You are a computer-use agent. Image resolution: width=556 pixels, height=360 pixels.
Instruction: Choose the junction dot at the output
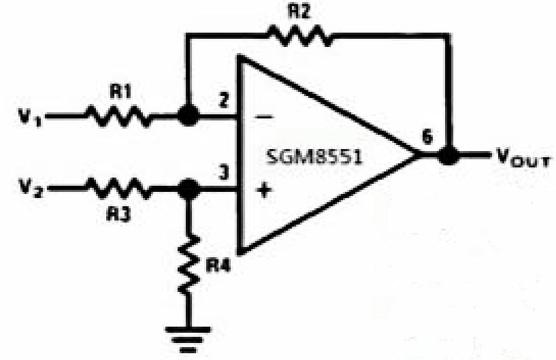click(447, 155)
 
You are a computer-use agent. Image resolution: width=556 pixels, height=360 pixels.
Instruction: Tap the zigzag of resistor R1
click(118, 116)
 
